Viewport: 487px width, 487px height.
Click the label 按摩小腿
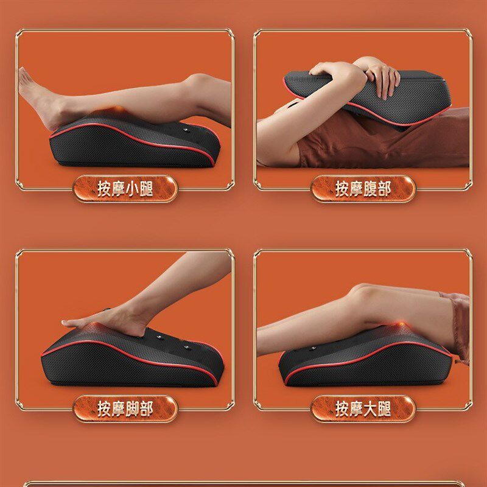click(x=125, y=189)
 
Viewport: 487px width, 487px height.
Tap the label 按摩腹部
click(x=363, y=189)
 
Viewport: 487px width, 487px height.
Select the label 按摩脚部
click(x=125, y=408)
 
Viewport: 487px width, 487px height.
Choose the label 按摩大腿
click(x=363, y=408)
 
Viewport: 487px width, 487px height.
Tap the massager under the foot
click(x=132, y=357)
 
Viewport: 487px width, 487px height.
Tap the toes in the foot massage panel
click(x=70, y=323)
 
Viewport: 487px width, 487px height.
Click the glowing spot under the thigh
click(x=401, y=326)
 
